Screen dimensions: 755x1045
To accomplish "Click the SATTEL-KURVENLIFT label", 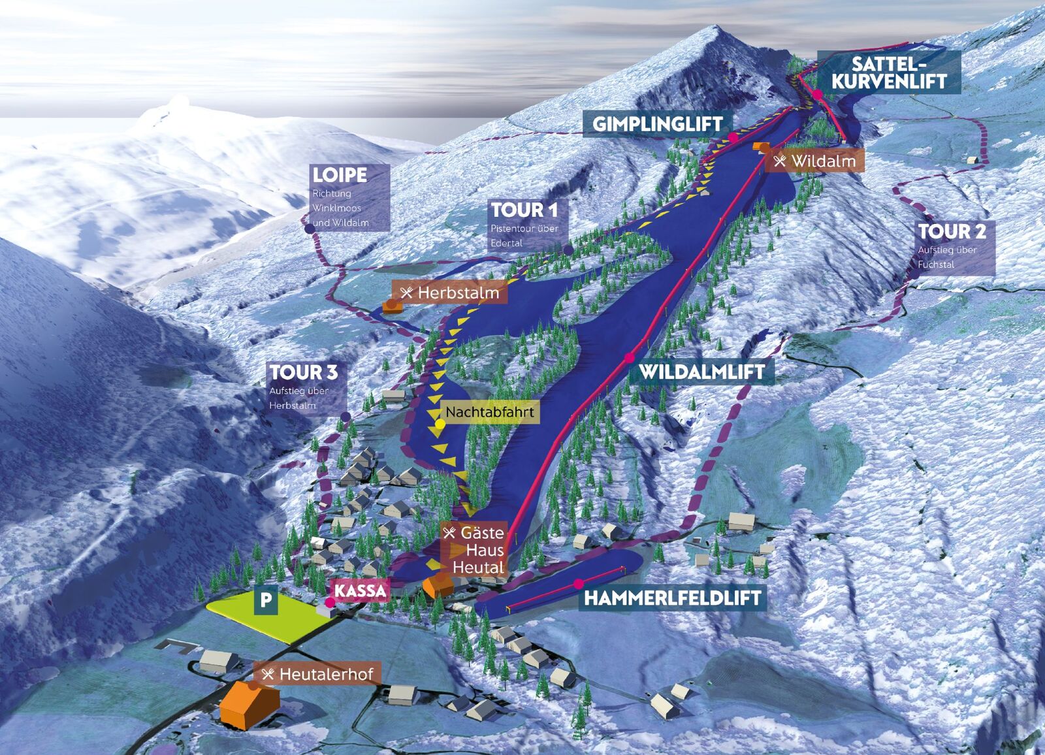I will coord(889,72).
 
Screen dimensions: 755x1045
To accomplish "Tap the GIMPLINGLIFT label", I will coord(657,123).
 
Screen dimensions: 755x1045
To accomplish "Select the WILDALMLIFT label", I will coord(701,372).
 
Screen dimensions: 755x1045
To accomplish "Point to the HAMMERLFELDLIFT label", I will coord(672,598).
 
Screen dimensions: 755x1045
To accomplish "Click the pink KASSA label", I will coord(361,590).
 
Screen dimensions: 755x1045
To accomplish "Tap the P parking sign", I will coord(266,600).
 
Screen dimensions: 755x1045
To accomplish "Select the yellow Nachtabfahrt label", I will coord(489,412).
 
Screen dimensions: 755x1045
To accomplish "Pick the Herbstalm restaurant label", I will coord(451,293).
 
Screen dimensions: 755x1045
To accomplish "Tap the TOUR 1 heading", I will coord(524,210).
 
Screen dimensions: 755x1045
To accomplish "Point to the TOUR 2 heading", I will coord(952,231).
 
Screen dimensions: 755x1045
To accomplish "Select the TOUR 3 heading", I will coord(304,372).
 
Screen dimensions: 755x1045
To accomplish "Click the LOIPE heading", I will coord(340,175).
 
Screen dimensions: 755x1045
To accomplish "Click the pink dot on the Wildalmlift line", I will coord(630,357).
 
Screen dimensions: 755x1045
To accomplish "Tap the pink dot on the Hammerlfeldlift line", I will coord(578,583).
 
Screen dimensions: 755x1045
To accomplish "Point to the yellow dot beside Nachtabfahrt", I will coord(440,424).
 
